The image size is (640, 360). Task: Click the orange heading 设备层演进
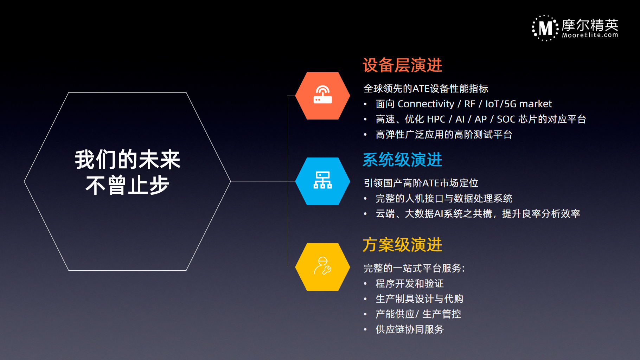coord(402,65)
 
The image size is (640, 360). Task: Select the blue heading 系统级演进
coord(402,160)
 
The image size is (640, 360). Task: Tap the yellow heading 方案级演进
coord(402,245)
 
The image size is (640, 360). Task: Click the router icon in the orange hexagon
coord(322,95)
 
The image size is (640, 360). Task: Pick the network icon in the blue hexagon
coord(322,180)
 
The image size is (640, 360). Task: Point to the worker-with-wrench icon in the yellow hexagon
coord(322,266)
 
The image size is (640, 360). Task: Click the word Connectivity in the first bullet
coord(426,104)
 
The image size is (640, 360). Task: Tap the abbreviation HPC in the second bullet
coord(435,119)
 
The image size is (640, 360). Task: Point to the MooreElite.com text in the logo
coord(590,35)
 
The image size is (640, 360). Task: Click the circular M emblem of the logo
coord(545,28)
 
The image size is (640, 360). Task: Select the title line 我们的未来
coord(128,160)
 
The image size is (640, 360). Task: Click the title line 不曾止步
coord(128,185)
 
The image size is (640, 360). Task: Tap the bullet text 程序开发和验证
coord(410,284)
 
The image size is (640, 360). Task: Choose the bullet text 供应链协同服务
coord(410,329)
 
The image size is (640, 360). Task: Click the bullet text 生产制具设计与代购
coord(420,299)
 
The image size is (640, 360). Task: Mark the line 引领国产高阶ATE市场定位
coord(421,183)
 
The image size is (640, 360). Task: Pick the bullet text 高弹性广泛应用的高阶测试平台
coord(444,135)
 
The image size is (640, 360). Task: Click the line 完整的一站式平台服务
coord(414,268)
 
